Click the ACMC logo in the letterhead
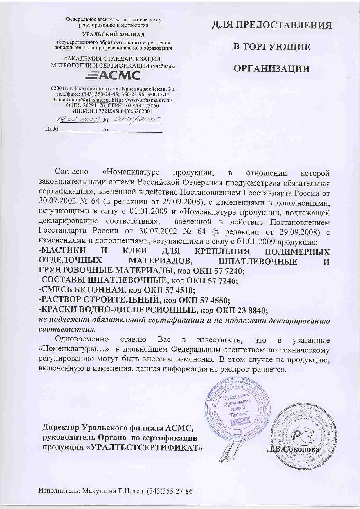point(112,75)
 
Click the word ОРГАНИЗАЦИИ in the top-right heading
point(272,69)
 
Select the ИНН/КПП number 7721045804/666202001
point(125,111)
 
